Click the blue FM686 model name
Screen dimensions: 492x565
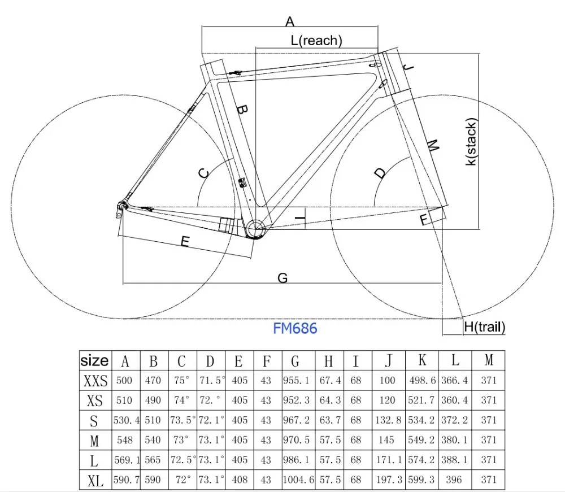tap(295, 329)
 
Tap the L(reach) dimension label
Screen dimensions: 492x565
tap(316, 40)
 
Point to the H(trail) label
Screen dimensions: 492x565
tap(484, 326)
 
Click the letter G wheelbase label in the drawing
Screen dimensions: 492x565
tap(283, 277)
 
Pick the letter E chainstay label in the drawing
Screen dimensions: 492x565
tap(184, 242)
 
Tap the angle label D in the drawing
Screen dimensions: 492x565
tap(380, 172)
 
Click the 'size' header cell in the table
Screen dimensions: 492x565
tap(95, 360)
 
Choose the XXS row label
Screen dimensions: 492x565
tap(95, 381)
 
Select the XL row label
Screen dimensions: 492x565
tap(95, 480)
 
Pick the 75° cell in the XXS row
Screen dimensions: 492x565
tap(182, 381)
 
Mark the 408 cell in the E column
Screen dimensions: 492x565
tap(240, 480)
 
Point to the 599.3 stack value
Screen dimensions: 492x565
tap(422, 480)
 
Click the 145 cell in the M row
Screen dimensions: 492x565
tap(388, 440)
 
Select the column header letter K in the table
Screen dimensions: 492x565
tap(422, 360)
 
